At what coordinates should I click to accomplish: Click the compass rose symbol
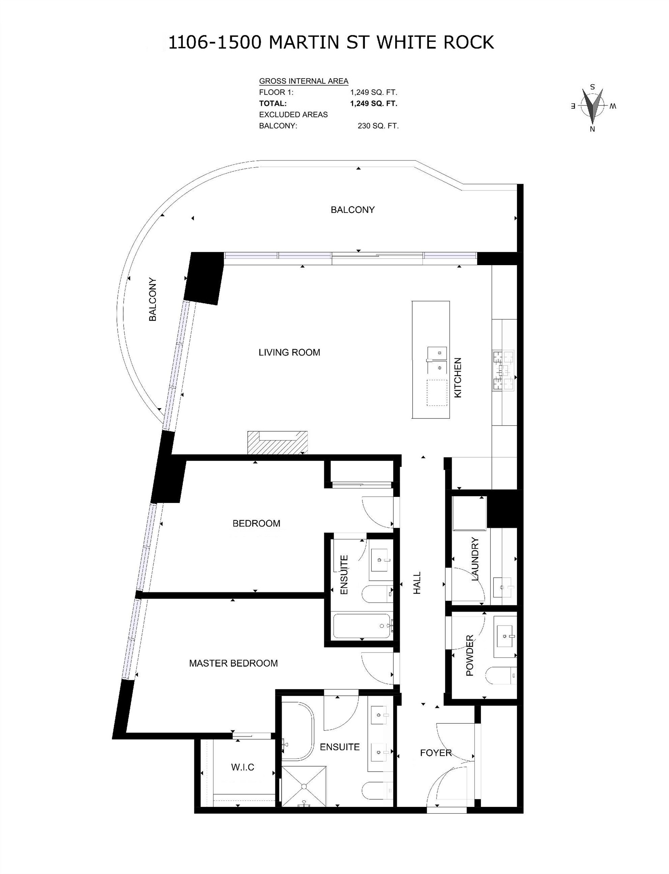592,107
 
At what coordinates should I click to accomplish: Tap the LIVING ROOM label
289,352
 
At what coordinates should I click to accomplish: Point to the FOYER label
436,753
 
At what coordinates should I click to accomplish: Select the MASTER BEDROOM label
233,663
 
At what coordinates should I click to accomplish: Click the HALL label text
417,583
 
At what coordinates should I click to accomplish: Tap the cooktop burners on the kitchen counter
503,371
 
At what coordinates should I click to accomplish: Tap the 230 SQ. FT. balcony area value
377,126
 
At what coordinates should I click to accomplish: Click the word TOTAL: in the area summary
273,104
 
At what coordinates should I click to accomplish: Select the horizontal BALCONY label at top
352,209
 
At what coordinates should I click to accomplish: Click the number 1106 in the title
188,42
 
